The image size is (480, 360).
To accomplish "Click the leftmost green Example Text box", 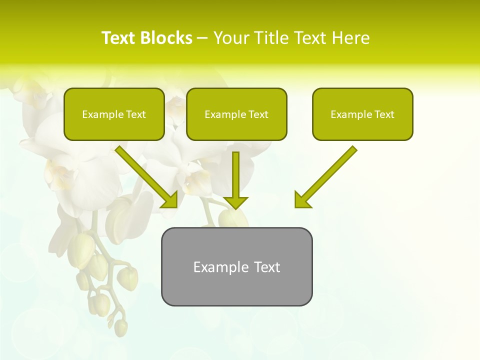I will tap(114, 114).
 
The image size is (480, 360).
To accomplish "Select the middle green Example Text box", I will tap(236, 114).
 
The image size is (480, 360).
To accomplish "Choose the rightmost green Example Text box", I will tap(362, 114).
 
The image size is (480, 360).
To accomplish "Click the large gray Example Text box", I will tap(236, 266).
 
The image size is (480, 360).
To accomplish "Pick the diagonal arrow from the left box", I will tap(145, 175).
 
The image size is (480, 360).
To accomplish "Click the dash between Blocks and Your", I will tap(202, 38).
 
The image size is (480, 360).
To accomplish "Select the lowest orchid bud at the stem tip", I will tap(120, 327).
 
